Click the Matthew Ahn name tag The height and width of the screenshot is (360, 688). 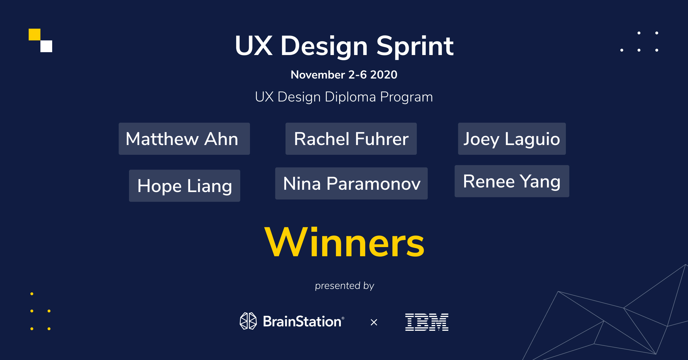pos(184,139)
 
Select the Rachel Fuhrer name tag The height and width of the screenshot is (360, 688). pos(351,139)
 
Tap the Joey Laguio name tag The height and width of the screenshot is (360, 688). pos(512,139)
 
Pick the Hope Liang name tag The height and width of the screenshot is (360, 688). pos(184,186)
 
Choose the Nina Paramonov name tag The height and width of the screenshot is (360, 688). pos(351,183)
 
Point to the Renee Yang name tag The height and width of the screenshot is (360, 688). pos(512,181)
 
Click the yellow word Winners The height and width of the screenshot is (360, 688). pos(344,242)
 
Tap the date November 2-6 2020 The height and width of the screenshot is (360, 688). pos(344,75)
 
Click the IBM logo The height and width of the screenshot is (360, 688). pos(427,322)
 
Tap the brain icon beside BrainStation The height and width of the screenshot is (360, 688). pos(248,321)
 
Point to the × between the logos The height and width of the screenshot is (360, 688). pos(374,322)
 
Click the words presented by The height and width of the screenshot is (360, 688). pos(344,286)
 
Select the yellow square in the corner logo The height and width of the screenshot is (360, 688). pos(34,34)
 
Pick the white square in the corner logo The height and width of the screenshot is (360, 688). pos(46,46)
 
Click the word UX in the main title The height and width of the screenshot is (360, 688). pos(253,46)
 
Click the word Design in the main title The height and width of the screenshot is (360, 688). pos(324,46)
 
